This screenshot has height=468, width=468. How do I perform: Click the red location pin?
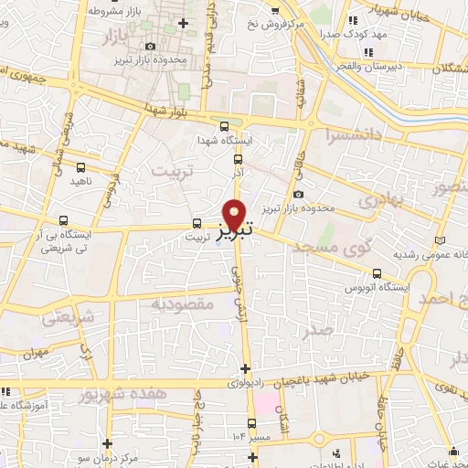click(x=235, y=214)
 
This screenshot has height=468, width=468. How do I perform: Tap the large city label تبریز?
click(x=234, y=232)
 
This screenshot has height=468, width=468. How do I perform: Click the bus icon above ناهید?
click(x=81, y=167)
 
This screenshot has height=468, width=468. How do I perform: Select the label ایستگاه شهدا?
click(x=224, y=141)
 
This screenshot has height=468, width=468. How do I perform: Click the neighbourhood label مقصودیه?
click(x=183, y=303)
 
